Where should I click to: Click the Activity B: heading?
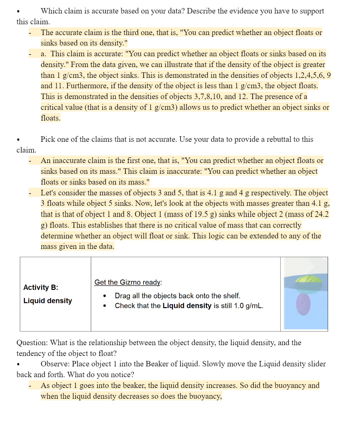click(x=40, y=287)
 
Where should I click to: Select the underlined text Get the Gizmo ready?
click(x=128, y=282)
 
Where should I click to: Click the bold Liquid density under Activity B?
click(x=47, y=301)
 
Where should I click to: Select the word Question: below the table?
click(x=32, y=343)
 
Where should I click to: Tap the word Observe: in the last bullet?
click(x=55, y=364)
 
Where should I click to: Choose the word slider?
click(x=316, y=364)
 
